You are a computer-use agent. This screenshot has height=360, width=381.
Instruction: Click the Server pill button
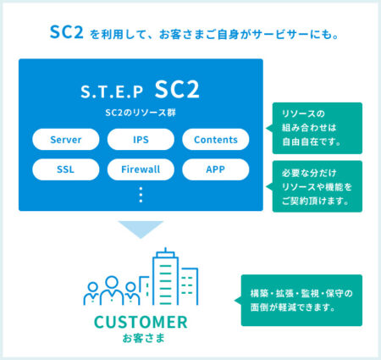click(x=66, y=139)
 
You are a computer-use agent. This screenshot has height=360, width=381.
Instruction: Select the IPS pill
click(x=141, y=139)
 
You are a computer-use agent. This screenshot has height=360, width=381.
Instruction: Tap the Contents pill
click(x=216, y=139)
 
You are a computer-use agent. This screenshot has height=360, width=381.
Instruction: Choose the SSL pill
click(x=66, y=169)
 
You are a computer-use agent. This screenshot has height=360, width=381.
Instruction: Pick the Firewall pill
click(x=141, y=169)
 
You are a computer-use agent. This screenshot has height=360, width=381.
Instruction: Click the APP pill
click(x=216, y=169)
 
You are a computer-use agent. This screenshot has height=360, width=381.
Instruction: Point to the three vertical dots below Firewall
click(x=141, y=195)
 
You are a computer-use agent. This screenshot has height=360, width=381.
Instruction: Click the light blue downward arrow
click(x=141, y=228)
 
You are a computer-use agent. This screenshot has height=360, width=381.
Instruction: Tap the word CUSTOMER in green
click(x=141, y=322)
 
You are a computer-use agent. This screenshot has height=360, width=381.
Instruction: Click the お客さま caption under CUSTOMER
click(x=143, y=338)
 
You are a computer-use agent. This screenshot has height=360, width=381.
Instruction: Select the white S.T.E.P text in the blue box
click(x=112, y=91)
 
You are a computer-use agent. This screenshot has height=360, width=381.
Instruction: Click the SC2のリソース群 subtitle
click(x=141, y=113)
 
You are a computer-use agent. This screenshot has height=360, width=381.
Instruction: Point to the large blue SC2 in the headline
click(x=67, y=32)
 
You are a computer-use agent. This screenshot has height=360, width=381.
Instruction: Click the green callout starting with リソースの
click(x=317, y=128)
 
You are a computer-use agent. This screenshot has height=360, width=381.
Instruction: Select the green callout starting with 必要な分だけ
click(x=317, y=186)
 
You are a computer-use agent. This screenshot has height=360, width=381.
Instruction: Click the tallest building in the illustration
click(x=165, y=278)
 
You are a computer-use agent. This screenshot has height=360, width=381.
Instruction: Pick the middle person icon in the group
click(x=112, y=291)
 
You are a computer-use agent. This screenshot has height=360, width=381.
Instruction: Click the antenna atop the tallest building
click(x=165, y=250)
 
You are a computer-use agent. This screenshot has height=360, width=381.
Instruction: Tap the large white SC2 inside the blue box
click(x=177, y=89)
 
